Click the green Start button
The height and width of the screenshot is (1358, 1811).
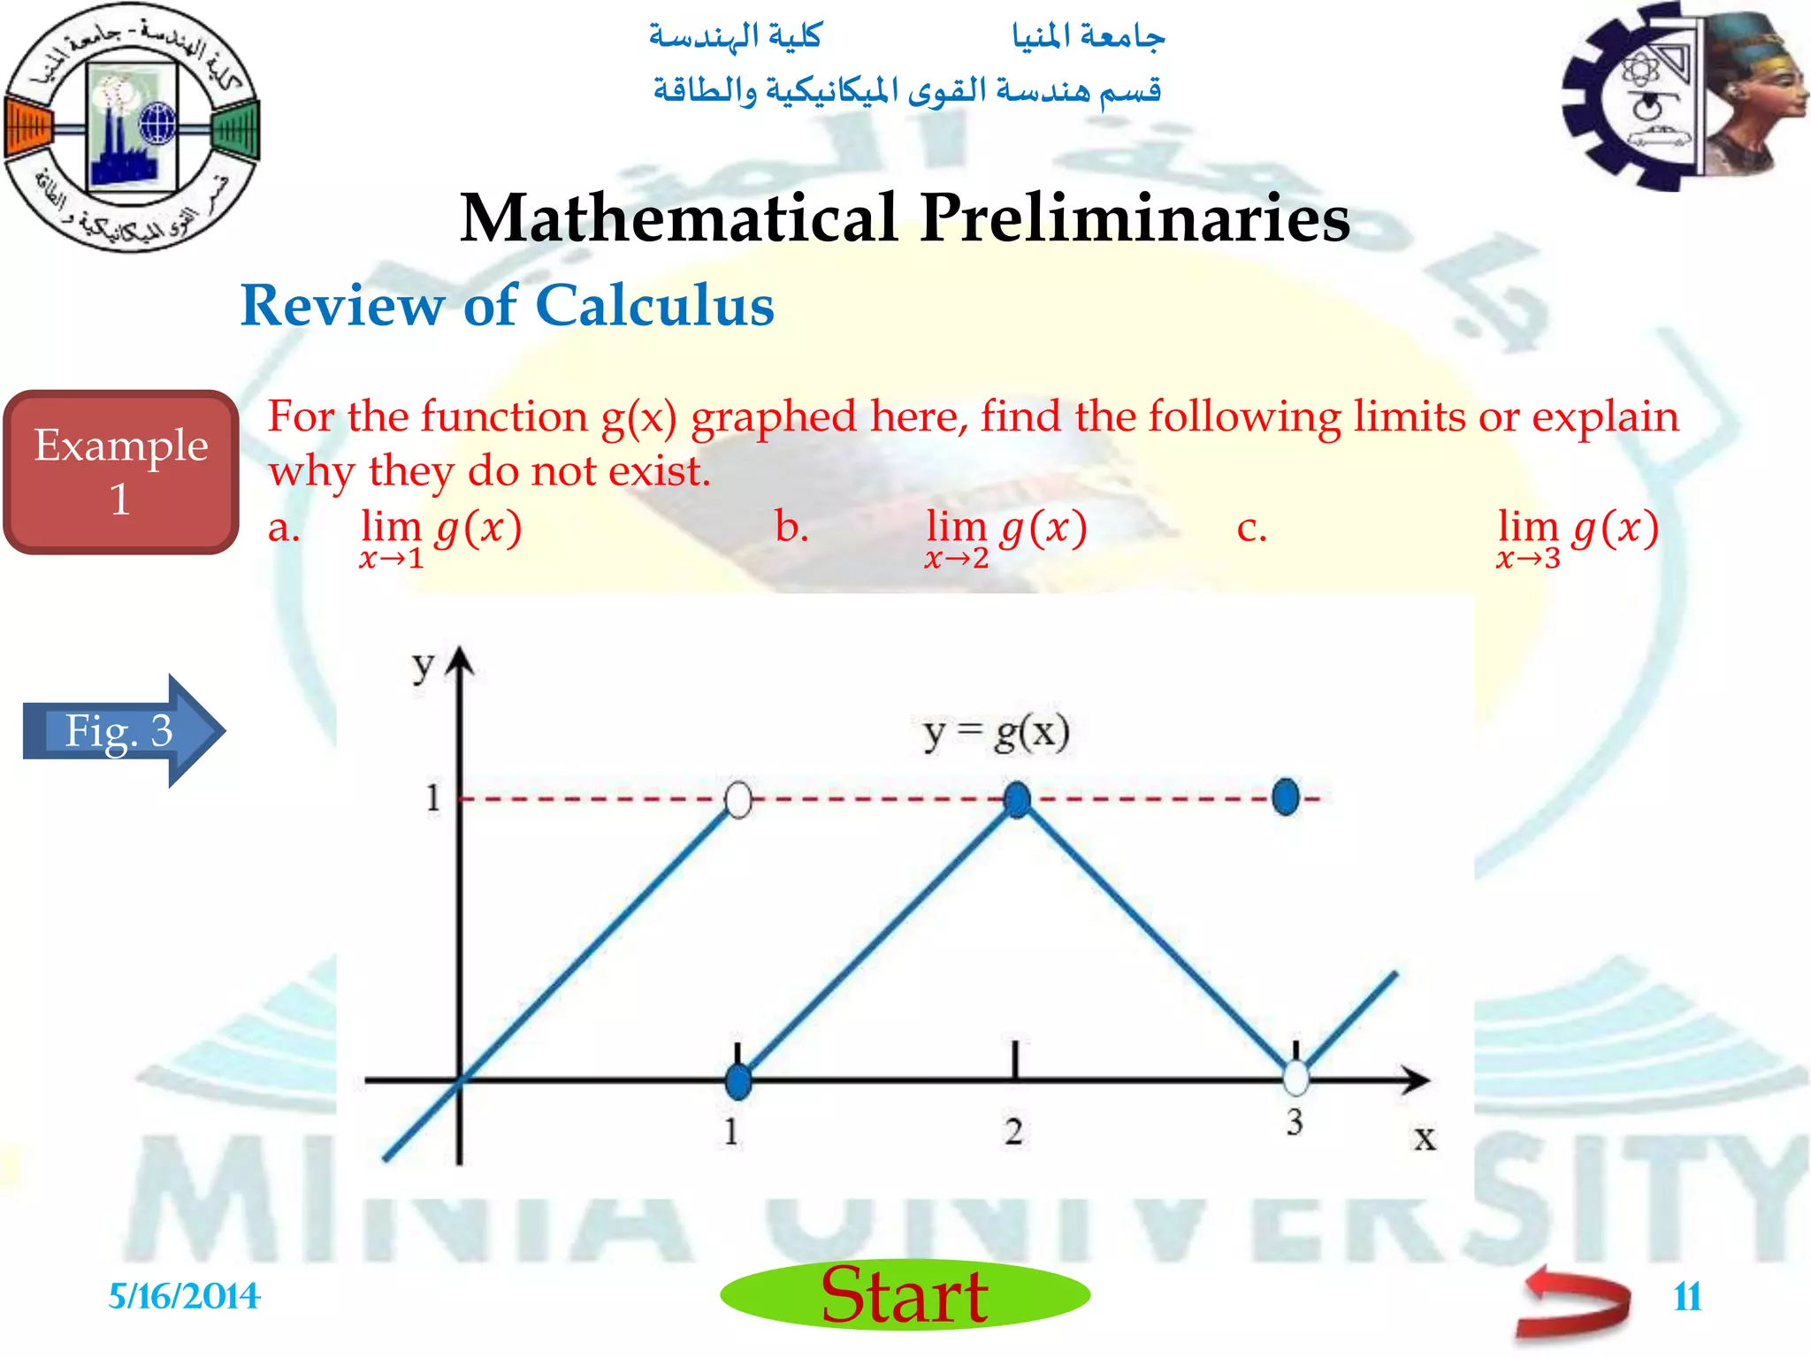point(905,1295)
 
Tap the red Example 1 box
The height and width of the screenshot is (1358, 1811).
point(121,472)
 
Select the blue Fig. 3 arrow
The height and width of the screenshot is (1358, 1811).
point(124,730)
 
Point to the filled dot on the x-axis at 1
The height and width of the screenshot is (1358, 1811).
point(737,1080)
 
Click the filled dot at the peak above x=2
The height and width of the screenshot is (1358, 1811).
point(1017,799)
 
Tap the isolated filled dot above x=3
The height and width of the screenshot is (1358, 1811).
point(1286,797)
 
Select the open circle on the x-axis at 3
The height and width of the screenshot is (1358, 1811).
point(1295,1078)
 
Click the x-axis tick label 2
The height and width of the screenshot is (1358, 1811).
point(1013,1132)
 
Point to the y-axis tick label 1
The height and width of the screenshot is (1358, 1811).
point(432,798)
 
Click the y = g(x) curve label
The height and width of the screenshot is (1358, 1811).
point(996,733)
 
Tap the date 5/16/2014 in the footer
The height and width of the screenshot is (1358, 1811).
point(184,1296)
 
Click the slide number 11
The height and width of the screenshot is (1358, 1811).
point(1687,1297)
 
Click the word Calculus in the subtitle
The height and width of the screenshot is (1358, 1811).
point(654,306)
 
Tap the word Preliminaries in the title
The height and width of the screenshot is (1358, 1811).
point(1135,217)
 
